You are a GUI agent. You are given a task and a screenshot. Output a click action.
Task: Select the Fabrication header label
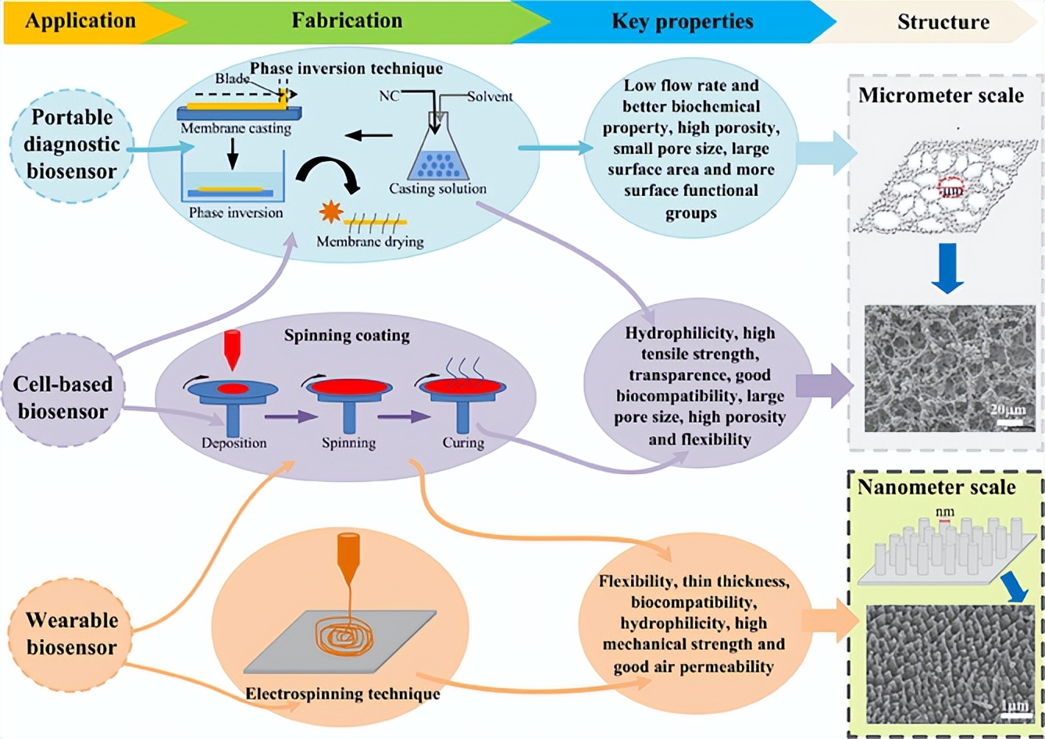(x=347, y=21)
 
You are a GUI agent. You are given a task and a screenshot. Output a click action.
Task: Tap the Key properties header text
(x=682, y=21)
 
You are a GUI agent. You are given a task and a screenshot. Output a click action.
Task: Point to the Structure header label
(x=943, y=22)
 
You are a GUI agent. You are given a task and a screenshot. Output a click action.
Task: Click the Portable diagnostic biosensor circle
(x=72, y=145)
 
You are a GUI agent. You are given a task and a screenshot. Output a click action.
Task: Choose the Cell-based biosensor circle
(x=63, y=398)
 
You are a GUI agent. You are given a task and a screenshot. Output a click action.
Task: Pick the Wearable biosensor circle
(x=71, y=634)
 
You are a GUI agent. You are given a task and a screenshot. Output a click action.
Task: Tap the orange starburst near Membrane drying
(x=331, y=212)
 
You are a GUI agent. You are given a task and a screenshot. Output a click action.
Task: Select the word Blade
(x=232, y=79)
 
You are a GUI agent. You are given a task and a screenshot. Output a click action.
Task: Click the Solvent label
(x=490, y=97)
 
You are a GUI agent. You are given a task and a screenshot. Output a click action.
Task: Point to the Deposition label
(x=234, y=443)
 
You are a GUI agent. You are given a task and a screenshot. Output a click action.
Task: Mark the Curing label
(x=463, y=443)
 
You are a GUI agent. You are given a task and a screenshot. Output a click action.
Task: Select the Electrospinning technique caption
(x=342, y=694)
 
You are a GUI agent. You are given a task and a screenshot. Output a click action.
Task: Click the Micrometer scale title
(x=940, y=95)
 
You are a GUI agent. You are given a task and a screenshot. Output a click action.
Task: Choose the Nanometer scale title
(x=936, y=487)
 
